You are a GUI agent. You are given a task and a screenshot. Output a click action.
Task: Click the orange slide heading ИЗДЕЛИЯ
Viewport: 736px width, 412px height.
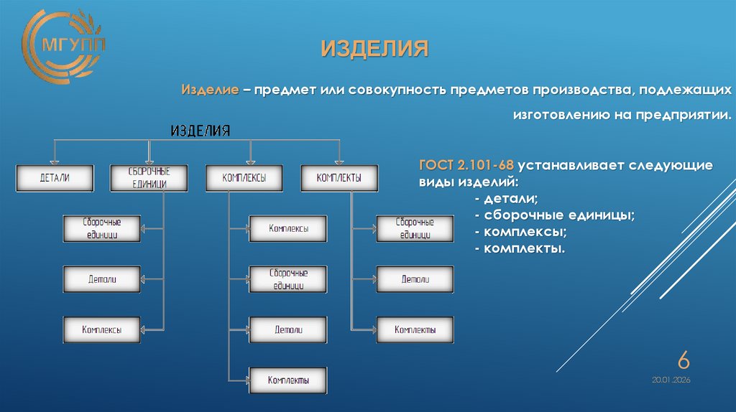[374, 50]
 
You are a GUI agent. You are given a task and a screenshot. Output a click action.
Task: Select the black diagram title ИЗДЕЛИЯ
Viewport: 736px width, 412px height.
[200, 131]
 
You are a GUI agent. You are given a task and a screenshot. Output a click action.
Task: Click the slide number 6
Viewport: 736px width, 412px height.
[684, 360]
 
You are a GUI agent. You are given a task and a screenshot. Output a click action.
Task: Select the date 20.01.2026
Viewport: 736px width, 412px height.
[671, 379]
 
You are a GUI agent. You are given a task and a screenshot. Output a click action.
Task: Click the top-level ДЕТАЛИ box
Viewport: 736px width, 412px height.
[55, 178]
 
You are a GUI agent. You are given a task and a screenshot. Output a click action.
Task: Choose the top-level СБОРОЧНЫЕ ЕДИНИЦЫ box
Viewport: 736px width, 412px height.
[149, 178]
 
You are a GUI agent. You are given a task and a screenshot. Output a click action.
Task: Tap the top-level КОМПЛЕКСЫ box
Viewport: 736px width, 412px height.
[245, 178]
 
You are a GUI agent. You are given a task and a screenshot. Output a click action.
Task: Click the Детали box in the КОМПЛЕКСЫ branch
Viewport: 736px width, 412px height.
[288, 330]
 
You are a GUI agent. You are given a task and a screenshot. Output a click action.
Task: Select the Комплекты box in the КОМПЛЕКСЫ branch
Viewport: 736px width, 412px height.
[288, 380]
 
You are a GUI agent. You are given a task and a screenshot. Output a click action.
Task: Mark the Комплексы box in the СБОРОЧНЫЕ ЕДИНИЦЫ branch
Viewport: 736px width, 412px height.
[101, 330]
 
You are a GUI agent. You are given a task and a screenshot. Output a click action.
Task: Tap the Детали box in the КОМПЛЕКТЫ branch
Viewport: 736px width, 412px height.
[415, 279]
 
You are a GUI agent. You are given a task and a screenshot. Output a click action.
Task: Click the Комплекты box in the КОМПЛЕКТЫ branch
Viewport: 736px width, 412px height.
[415, 330]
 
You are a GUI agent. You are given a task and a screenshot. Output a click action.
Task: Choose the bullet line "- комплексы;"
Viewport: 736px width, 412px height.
[520, 232]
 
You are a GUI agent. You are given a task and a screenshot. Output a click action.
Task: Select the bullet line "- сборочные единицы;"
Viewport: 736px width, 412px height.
[553, 215]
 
